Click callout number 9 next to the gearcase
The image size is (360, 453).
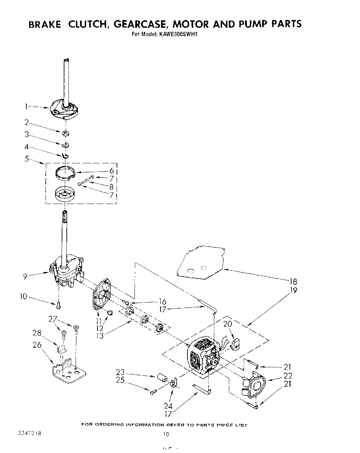point(25,277)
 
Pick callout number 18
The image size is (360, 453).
point(293,281)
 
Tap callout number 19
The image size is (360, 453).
point(293,290)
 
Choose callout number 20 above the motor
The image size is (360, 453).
point(227,324)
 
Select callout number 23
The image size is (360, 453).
point(120,372)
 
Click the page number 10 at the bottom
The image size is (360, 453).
point(166,434)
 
